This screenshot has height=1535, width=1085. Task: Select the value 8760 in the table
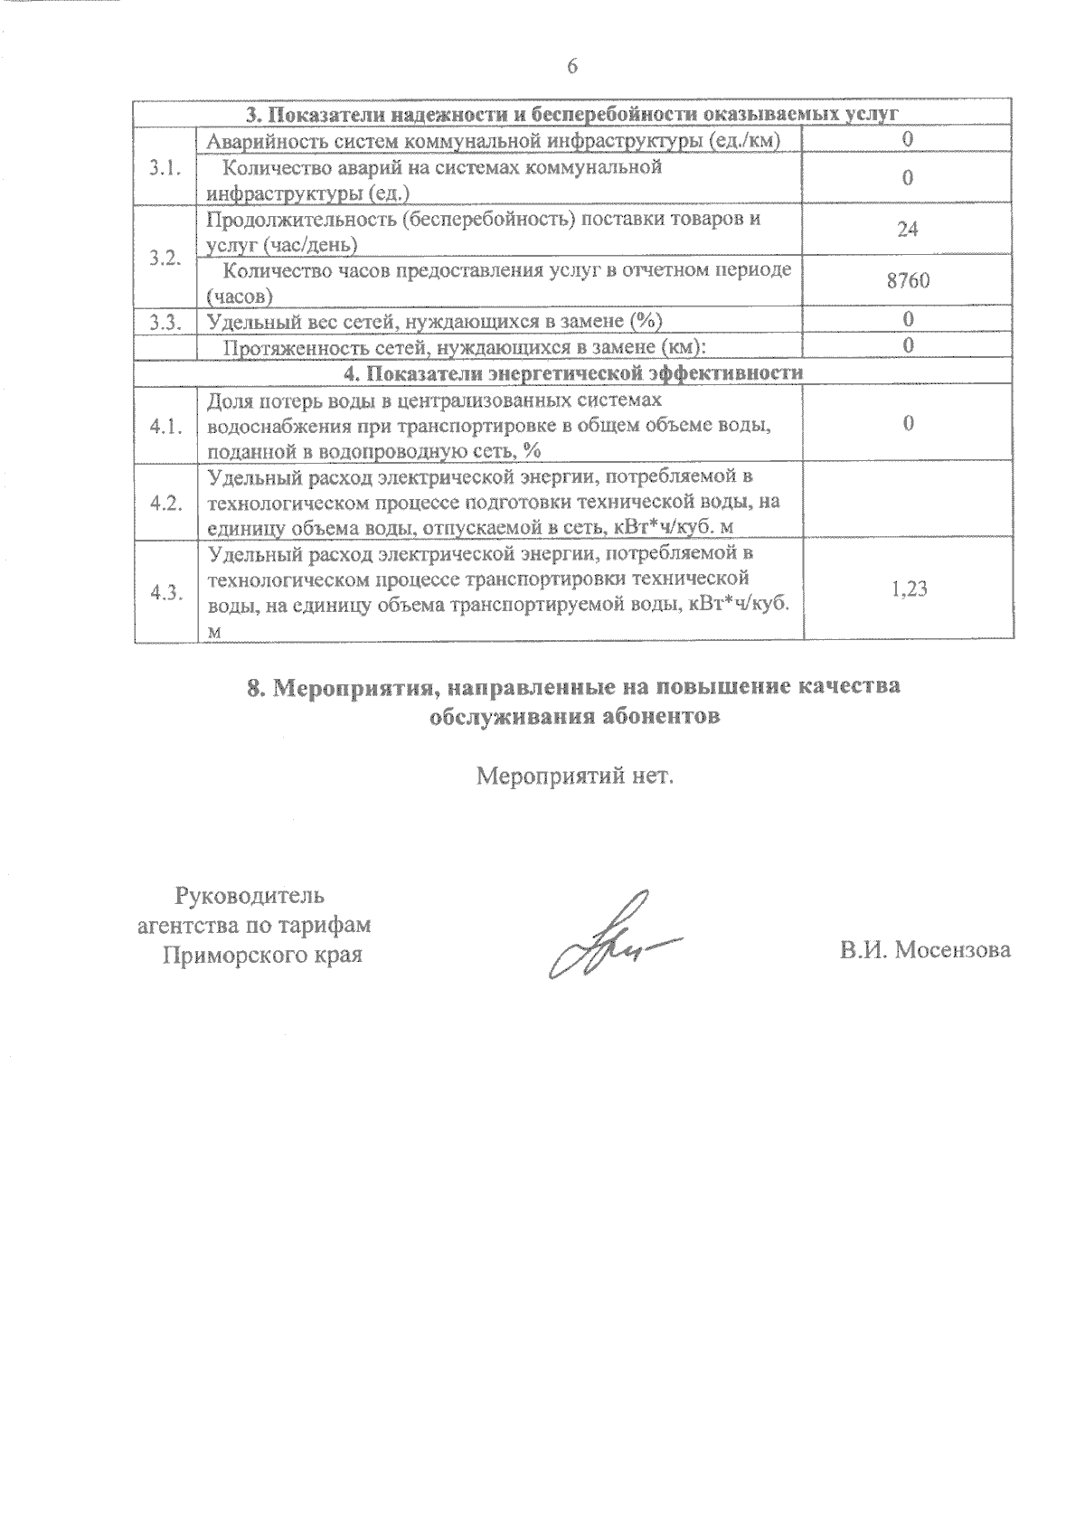click(908, 281)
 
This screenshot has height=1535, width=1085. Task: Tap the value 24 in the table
click(908, 230)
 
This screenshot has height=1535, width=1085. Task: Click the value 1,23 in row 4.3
click(909, 590)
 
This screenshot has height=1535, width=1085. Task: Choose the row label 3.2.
click(165, 257)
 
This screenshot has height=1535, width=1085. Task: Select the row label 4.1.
click(165, 426)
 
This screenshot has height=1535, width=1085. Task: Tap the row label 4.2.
click(165, 503)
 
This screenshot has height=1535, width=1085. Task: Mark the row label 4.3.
click(165, 591)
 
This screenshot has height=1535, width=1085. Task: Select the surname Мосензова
click(953, 950)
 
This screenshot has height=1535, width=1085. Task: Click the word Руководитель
click(249, 897)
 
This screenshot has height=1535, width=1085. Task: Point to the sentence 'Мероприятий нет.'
click(575, 776)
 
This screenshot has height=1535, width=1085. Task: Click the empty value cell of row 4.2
click(908, 503)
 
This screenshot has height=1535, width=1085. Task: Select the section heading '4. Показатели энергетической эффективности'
click(571, 373)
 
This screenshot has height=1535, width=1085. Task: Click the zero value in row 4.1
click(908, 425)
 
